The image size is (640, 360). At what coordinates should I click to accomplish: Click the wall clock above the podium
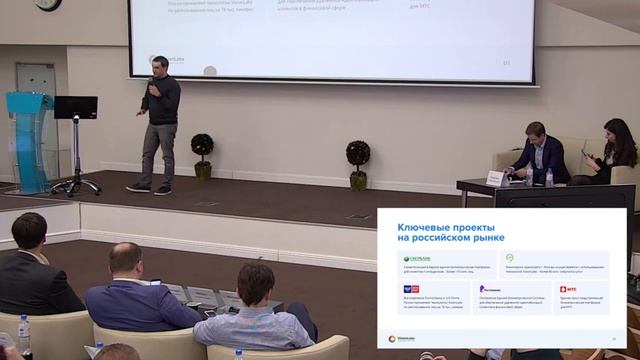[47, 5]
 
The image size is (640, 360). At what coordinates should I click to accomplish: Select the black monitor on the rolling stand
[75, 107]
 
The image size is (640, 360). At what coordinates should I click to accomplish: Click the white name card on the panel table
[495, 178]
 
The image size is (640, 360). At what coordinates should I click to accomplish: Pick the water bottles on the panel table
[548, 177]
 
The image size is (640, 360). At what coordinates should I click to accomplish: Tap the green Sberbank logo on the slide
[417, 257]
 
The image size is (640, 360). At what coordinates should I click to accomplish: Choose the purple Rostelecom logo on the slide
[490, 288]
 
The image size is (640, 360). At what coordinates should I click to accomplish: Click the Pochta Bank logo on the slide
[411, 288]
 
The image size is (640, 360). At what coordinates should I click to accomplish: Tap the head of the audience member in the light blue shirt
[255, 283]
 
